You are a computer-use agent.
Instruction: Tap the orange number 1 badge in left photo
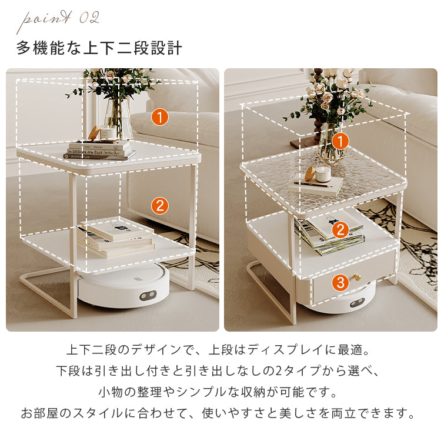159,116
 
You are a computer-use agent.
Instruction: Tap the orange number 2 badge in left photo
159,206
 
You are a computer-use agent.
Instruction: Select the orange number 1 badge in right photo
340,141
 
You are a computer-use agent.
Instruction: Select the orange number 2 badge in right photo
339,230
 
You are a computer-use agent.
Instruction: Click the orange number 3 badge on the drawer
340,283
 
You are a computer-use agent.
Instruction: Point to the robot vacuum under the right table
353,300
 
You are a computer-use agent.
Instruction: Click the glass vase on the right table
332,144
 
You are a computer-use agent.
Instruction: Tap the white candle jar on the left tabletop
108,133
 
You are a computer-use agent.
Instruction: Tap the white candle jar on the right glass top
323,174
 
